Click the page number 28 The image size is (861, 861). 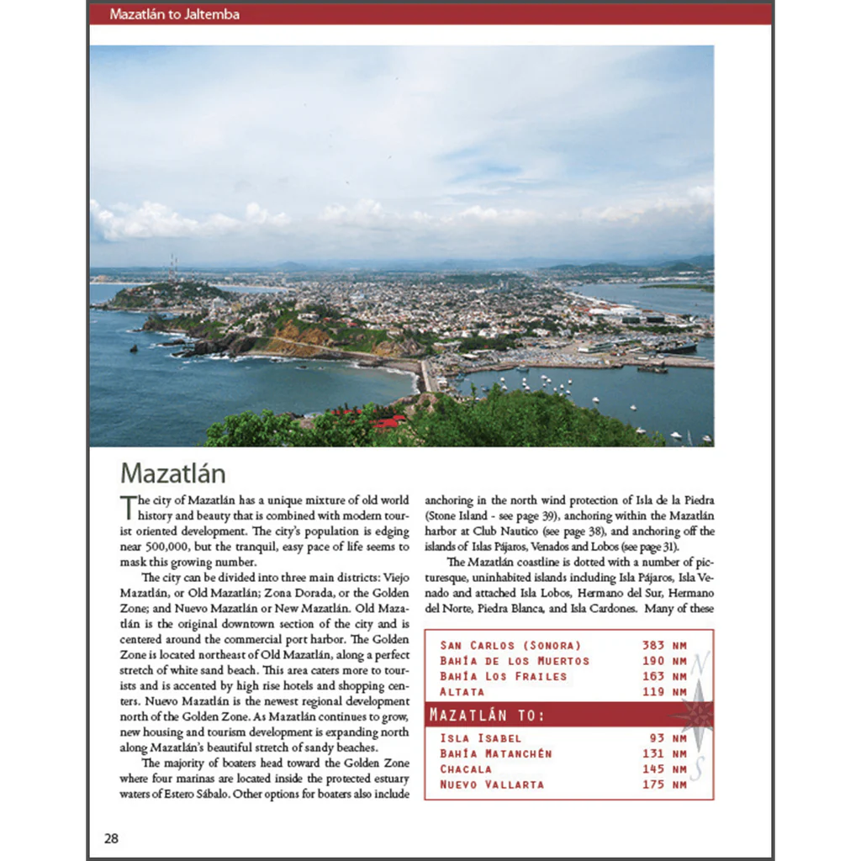(111, 838)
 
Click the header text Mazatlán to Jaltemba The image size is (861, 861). (175, 14)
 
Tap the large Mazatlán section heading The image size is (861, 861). (172, 473)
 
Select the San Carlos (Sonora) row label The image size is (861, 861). (510, 646)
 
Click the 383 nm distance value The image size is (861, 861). (663, 646)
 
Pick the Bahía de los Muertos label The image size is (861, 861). (515, 661)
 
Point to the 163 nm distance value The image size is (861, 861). (663, 676)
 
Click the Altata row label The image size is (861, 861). (462, 691)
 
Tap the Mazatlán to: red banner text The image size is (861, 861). (487, 716)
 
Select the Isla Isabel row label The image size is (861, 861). (480, 738)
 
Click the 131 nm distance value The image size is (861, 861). (663, 753)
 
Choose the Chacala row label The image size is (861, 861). (466, 769)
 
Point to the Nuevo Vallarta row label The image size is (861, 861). (492, 784)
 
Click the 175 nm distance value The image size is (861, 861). (663, 784)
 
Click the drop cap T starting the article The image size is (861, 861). (128, 507)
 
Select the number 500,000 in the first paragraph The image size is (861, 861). (161, 547)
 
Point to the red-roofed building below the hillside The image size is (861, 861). (386, 422)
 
